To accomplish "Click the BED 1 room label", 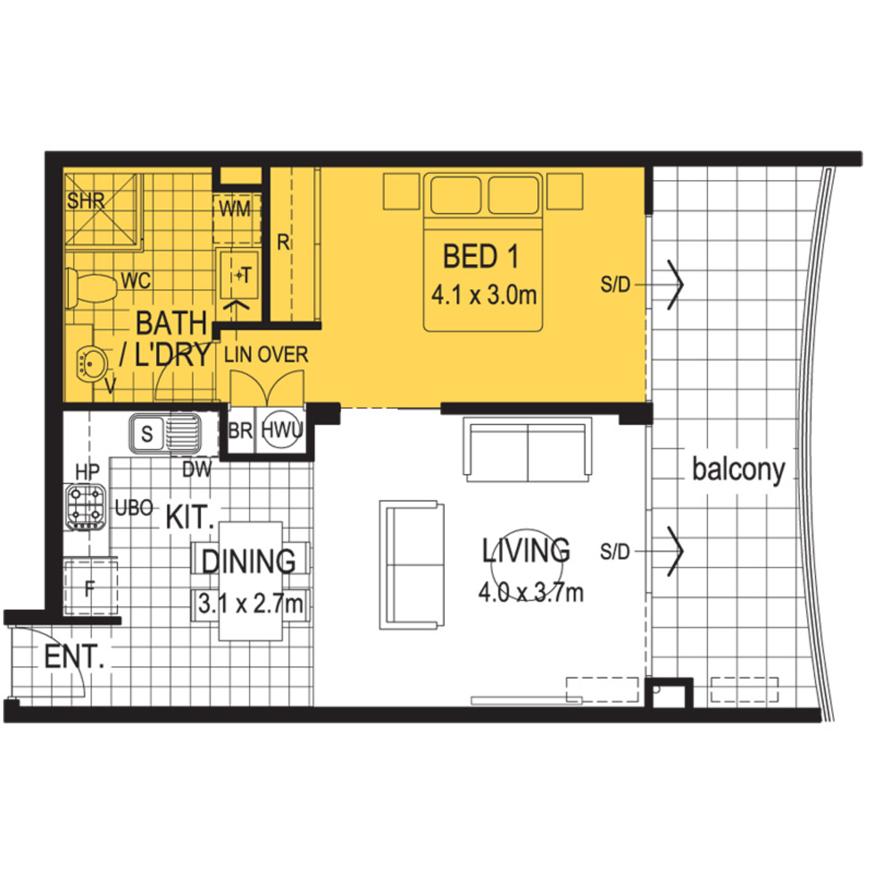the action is click(x=481, y=256).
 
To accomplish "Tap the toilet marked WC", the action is click(x=91, y=287).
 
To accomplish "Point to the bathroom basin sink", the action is click(x=93, y=363).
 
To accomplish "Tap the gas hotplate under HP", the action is click(x=86, y=507).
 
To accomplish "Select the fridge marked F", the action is click(x=91, y=588).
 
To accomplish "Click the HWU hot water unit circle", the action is click(x=281, y=430).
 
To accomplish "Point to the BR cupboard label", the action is click(x=240, y=431).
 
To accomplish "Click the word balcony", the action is click(x=739, y=470).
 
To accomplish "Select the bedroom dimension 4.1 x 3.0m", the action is click(x=484, y=295).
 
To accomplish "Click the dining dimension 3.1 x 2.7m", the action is click(x=251, y=604).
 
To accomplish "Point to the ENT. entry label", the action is click(x=74, y=656).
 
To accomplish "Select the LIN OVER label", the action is click(x=267, y=355).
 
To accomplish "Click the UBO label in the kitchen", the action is click(x=134, y=508).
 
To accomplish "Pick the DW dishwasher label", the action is click(x=197, y=470).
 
